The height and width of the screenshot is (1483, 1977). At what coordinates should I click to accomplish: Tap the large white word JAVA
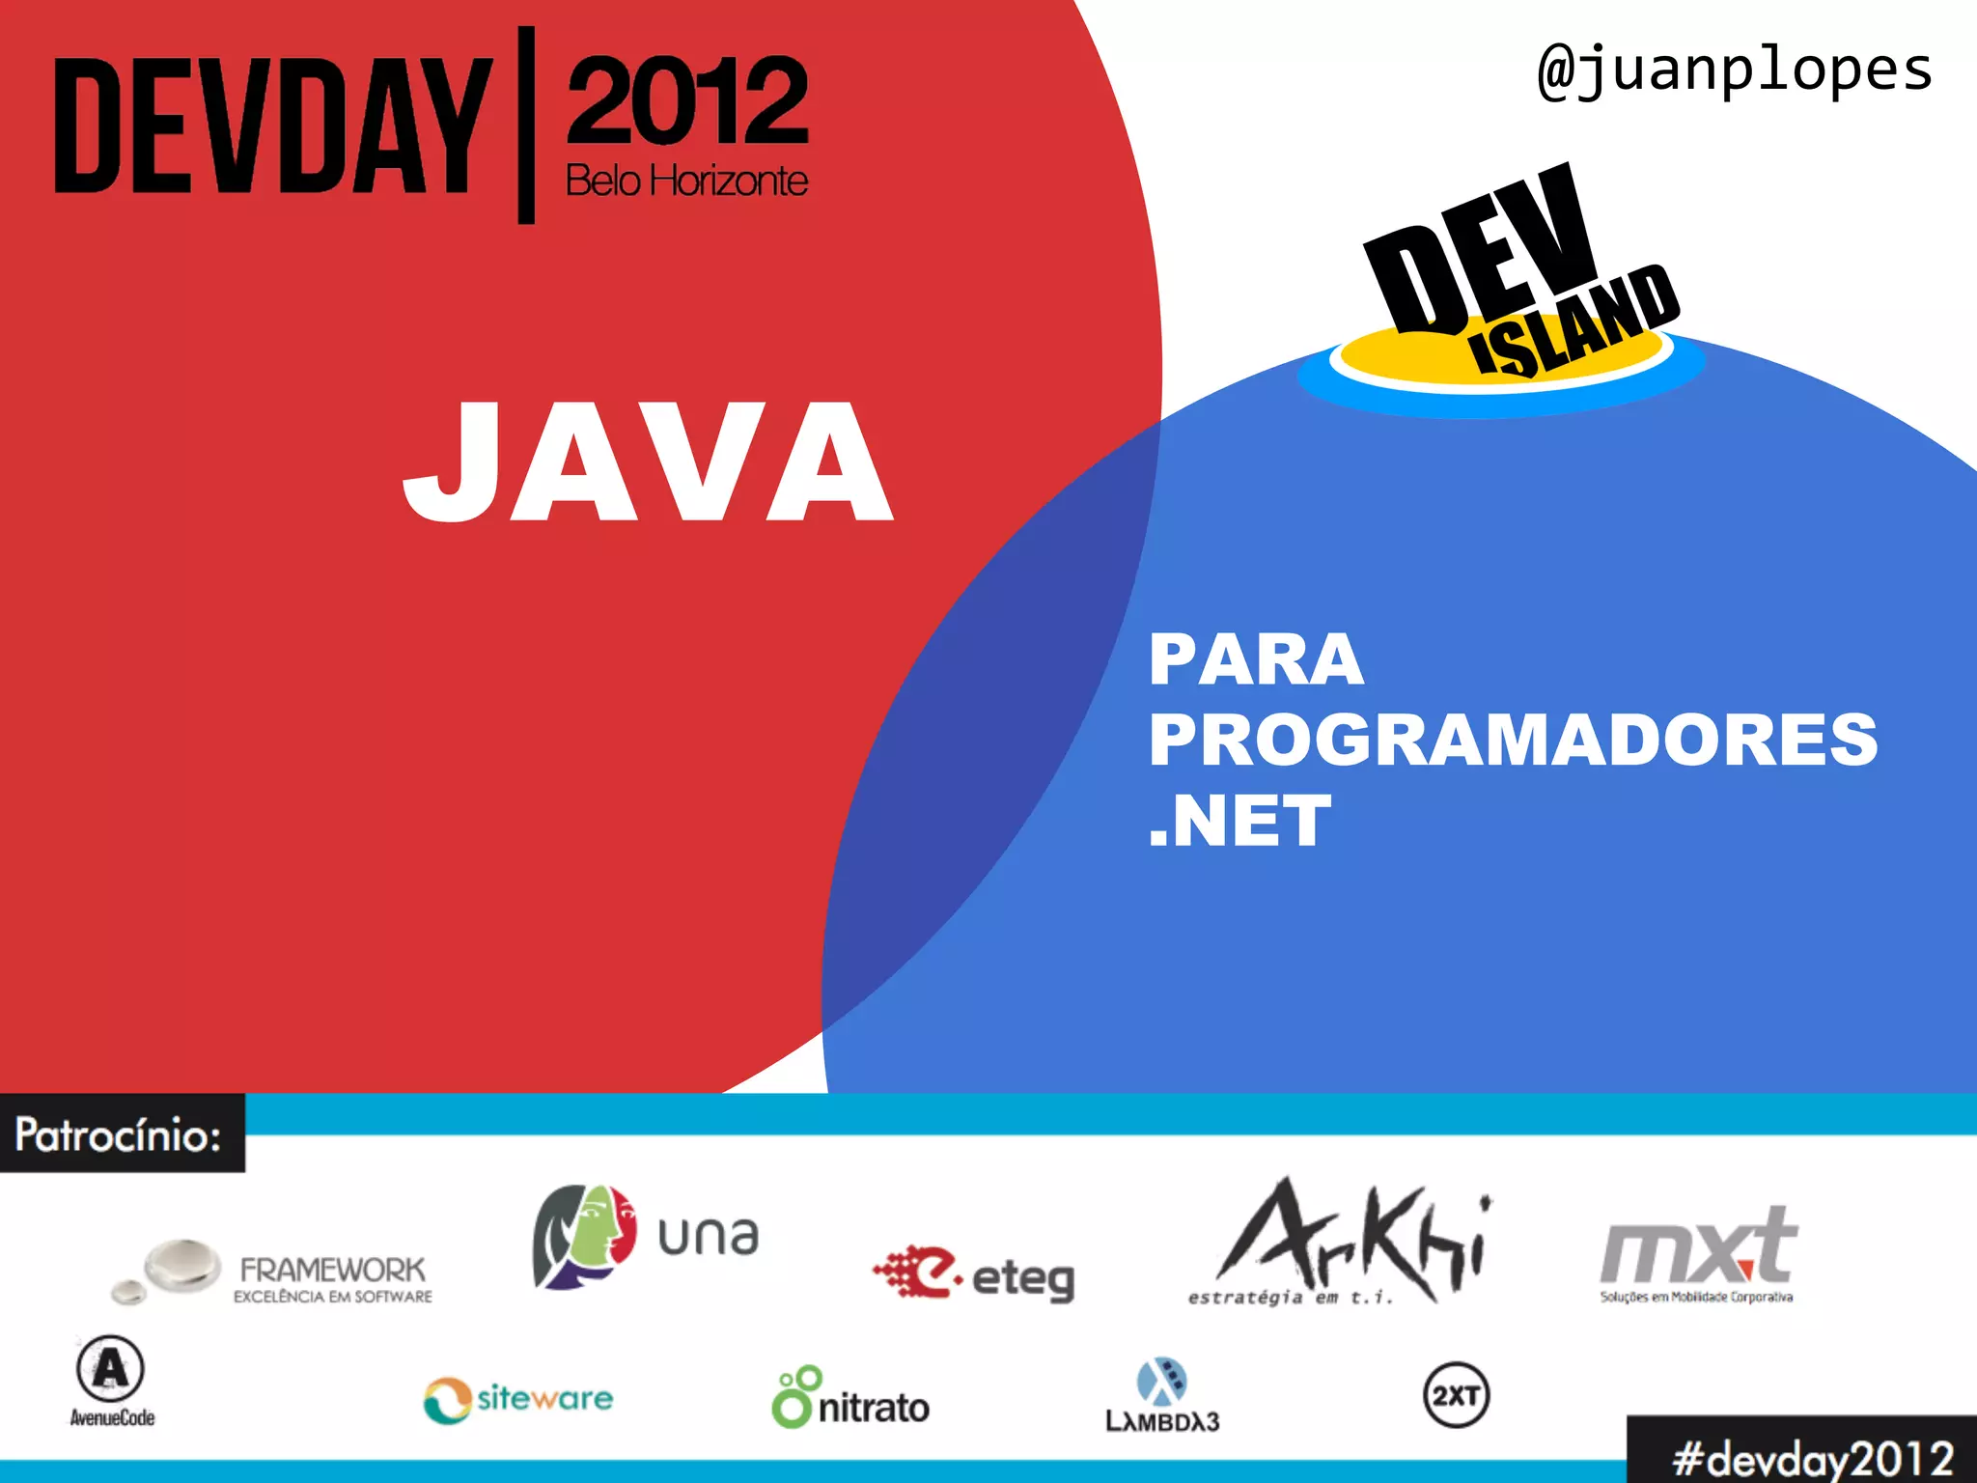[648, 462]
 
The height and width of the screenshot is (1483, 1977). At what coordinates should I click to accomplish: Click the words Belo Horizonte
[686, 181]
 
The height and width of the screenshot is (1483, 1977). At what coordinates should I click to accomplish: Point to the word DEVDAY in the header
[273, 126]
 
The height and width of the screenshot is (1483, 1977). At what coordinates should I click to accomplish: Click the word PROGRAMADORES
[1513, 741]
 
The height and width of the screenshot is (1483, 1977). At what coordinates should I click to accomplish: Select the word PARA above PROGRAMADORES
[1256, 660]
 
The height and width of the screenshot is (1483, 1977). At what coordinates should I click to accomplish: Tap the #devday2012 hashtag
[1813, 1457]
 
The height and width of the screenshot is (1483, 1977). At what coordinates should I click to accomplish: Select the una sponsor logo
[645, 1237]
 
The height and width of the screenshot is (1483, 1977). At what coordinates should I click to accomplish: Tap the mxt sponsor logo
[1698, 1253]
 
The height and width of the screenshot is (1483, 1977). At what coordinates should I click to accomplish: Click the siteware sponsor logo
[518, 1399]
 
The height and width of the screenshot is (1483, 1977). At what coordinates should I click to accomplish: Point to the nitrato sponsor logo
[850, 1399]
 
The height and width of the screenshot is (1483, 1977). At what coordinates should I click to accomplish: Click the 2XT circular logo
[1456, 1395]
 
